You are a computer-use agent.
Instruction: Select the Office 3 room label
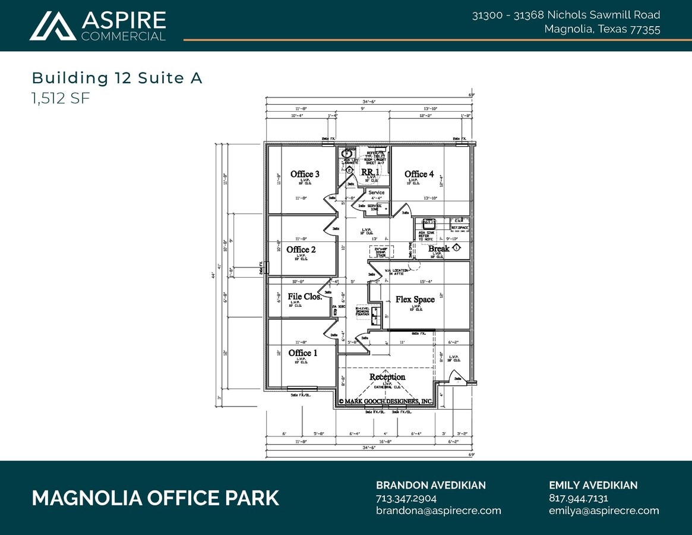click(x=305, y=174)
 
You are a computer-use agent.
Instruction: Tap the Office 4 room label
click(x=419, y=174)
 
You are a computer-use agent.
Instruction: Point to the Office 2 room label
click(x=301, y=250)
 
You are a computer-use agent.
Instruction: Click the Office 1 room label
click(x=302, y=353)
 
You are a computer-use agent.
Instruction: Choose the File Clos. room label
click(x=305, y=297)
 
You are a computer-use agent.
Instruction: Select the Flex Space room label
click(x=415, y=300)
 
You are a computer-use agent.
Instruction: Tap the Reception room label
click(x=387, y=377)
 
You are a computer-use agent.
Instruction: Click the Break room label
click(x=438, y=248)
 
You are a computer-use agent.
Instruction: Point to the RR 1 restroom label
click(x=370, y=172)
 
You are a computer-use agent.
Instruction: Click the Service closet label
click(x=376, y=193)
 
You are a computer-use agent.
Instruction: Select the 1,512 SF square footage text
click(x=61, y=99)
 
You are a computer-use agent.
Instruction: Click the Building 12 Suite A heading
click(x=117, y=78)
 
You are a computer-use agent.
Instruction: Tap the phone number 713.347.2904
click(x=406, y=498)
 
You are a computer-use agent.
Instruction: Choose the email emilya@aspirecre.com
click(x=603, y=511)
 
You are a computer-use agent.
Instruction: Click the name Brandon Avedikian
click(x=431, y=485)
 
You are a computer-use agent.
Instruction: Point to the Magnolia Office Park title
click(x=155, y=498)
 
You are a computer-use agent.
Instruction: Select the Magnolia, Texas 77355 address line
click(x=602, y=29)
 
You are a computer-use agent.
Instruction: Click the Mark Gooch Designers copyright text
click(x=386, y=401)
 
